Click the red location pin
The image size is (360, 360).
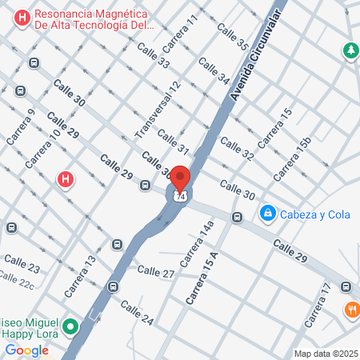(x=179, y=178)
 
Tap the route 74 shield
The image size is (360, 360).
(x=181, y=196)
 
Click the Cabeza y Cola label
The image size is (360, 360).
(x=311, y=214)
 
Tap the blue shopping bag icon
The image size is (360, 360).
(x=267, y=214)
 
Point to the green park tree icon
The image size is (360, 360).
(x=350, y=51)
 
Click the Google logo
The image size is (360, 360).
(x=26, y=350)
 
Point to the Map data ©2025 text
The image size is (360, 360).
(x=326, y=354)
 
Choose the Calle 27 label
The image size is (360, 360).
(x=157, y=274)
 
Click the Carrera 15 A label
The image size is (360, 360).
(x=202, y=277)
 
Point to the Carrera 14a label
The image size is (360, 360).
(x=197, y=243)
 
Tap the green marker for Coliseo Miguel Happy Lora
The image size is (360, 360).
(x=70, y=326)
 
